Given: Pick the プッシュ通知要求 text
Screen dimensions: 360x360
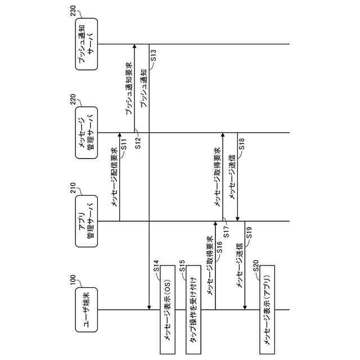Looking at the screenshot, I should pos(129,89).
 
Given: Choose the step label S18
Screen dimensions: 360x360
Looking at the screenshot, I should pos(242,143).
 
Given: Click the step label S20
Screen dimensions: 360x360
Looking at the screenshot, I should pos(256,274).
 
